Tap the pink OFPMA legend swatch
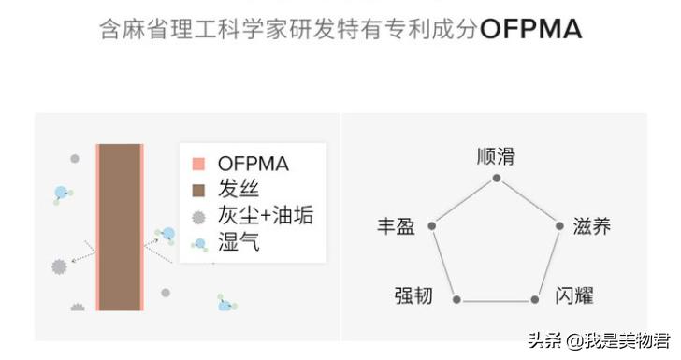tap(198, 165)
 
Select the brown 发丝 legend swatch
tap(198, 191)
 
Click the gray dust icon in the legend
tap(198, 218)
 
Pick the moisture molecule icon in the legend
tap(198, 244)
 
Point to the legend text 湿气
tap(238, 244)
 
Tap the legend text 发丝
tap(238, 191)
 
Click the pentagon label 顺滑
tap(496, 155)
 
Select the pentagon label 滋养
tap(591, 226)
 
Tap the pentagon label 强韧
tap(413, 297)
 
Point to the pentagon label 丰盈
tap(397, 226)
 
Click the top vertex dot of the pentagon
tap(496, 178)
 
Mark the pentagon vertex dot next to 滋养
tap(559, 225)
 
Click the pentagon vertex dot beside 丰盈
tap(431, 225)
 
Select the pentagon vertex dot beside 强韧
tap(456, 299)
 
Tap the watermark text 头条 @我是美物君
tap(596, 340)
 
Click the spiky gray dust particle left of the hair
tap(60, 266)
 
